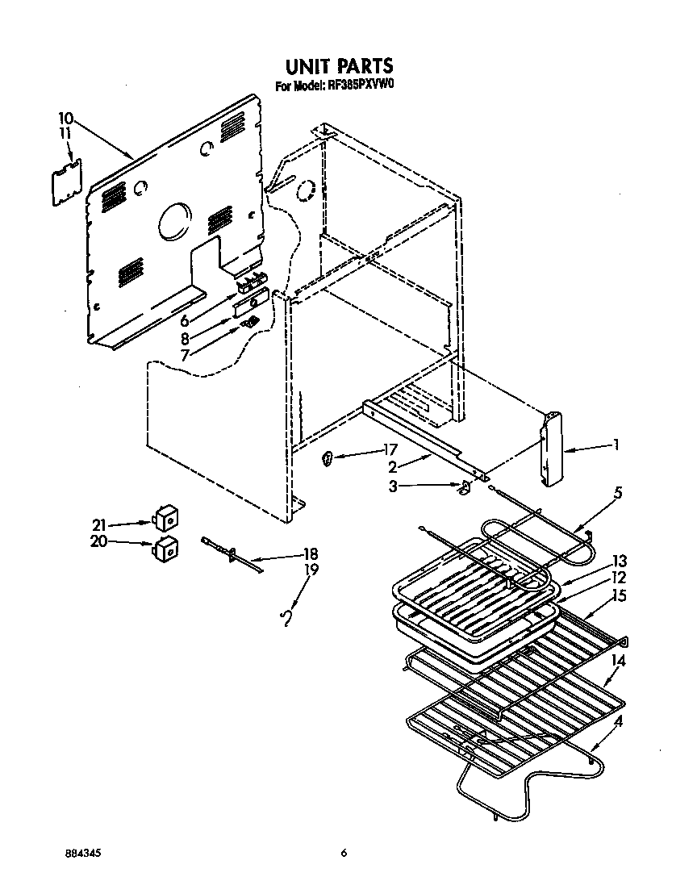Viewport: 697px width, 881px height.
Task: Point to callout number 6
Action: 185,320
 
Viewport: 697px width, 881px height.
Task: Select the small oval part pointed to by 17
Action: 328,460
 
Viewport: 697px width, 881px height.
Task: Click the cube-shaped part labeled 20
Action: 166,547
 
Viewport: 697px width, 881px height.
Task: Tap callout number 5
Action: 616,491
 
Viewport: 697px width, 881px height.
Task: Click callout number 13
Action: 619,561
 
